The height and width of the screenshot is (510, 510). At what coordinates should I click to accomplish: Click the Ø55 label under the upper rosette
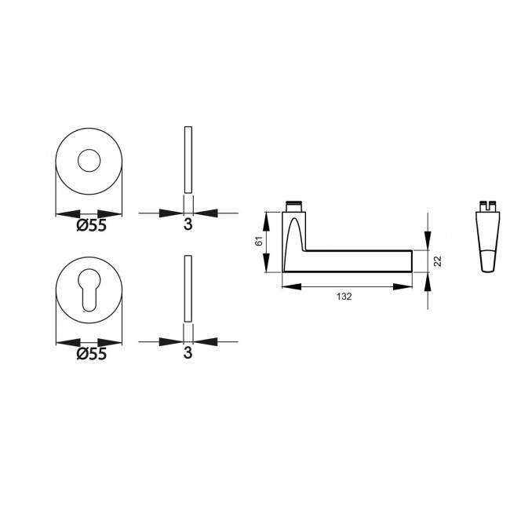pyautogui.click(x=91, y=225)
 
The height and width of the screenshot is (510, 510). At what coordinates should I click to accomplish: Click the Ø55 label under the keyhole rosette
pyautogui.click(x=91, y=354)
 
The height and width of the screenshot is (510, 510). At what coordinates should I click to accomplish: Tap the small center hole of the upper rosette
pyautogui.click(x=89, y=161)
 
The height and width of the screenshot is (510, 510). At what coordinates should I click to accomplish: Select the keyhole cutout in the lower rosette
pyautogui.click(x=89, y=290)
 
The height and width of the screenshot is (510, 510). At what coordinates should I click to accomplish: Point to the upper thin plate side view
pyautogui.click(x=188, y=159)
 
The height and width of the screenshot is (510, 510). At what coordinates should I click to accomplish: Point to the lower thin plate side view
pyautogui.click(x=188, y=289)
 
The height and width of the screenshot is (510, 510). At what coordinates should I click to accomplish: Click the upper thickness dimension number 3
pyautogui.click(x=188, y=224)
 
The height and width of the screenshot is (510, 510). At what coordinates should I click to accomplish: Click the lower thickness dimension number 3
pyautogui.click(x=188, y=353)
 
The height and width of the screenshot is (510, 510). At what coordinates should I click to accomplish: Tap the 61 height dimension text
pyautogui.click(x=259, y=242)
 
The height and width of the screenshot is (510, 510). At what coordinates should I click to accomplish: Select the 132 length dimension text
pyautogui.click(x=344, y=297)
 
